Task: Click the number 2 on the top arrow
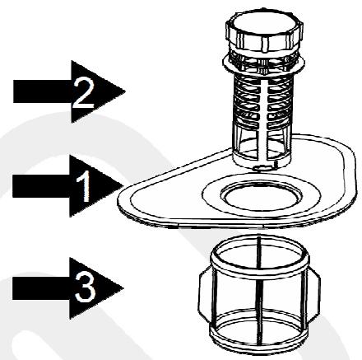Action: click(x=83, y=92)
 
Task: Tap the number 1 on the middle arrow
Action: click(x=84, y=186)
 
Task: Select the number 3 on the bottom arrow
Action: click(x=85, y=288)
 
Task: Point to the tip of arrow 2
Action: click(x=125, y=91)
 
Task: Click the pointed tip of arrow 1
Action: click(x=123, y=186)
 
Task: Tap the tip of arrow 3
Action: click(x=123, y=288)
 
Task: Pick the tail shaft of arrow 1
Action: click(x=41, y=187)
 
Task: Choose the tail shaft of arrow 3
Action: click(x=41, y=288)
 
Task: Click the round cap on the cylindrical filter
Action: click(x=265, y=30)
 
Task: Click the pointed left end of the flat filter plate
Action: click(x=120, y=198)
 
